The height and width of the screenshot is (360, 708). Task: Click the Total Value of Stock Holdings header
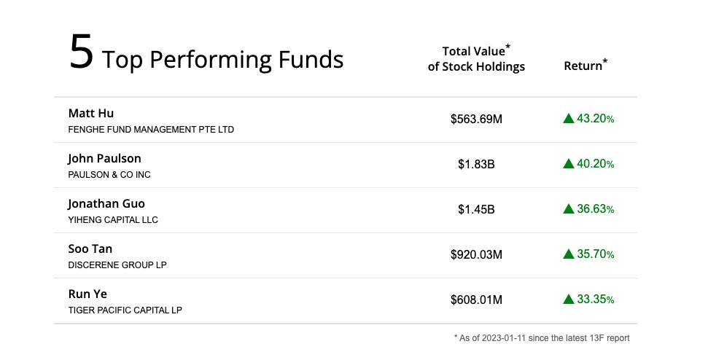476,59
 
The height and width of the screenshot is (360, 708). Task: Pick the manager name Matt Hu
91,113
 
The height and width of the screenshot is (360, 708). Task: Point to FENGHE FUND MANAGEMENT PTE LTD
151,130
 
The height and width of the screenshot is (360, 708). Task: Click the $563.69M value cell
476,119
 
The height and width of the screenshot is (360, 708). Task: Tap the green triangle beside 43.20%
569,119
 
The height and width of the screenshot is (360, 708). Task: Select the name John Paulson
104,158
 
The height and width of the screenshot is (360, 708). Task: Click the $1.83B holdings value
476,164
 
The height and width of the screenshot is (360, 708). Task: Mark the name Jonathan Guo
112,203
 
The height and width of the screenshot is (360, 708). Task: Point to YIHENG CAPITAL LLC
113,220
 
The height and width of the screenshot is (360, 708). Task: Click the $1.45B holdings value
476,209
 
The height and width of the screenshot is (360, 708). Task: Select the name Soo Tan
90,249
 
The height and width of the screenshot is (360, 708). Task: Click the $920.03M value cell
476,254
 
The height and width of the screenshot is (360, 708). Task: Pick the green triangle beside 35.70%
569,254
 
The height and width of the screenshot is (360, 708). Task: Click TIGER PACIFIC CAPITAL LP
125,310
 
